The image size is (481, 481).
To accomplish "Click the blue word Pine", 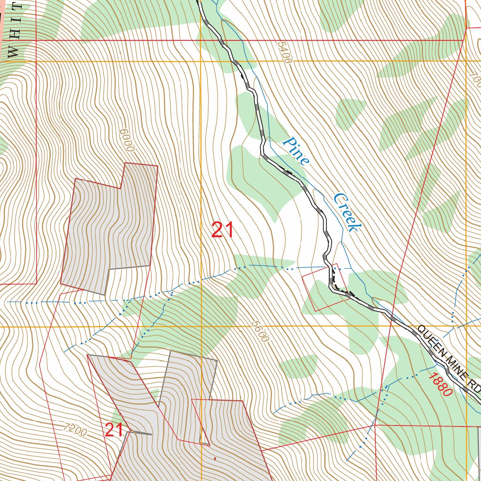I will (296, 151).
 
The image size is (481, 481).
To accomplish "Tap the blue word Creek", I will (348, 212).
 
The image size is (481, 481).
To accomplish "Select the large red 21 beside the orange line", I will (222, 230).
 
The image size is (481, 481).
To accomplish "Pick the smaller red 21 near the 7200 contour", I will (114, 430).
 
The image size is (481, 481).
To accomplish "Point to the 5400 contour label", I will (284, 52).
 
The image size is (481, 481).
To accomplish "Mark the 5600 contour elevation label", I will (260, 331).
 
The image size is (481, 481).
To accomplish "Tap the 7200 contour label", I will (75, 429).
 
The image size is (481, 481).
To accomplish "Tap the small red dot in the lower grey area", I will (215, 458).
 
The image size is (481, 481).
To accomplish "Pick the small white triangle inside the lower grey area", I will (204, 437).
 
